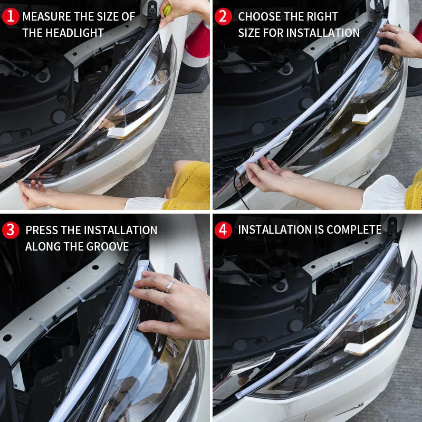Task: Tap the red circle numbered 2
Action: coord(223,17)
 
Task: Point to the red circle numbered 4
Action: coord(223,230)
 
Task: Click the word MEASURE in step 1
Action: coord(46,17)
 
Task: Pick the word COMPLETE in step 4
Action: coord(354,230)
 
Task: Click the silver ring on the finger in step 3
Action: coord(169,286)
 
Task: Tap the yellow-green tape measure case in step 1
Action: coord(167,9)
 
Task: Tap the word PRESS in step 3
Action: coord(42,230)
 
